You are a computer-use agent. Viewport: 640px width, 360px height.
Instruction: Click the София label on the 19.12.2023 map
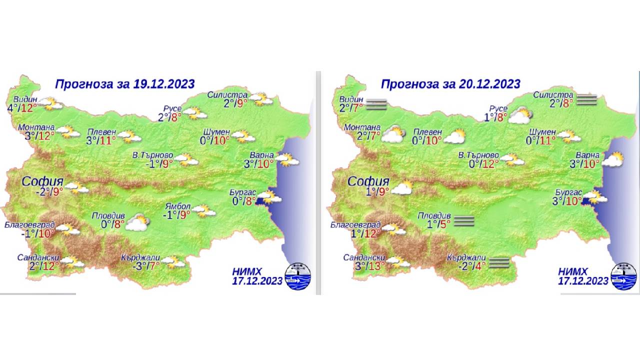42,181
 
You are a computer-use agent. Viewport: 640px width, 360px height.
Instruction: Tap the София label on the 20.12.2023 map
368,181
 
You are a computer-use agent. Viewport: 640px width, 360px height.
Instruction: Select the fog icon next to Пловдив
463,221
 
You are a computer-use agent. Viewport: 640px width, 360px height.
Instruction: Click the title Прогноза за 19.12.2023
124,83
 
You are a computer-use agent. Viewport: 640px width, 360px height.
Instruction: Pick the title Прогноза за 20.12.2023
450,83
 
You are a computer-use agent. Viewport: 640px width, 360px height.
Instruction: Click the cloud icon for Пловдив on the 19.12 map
137,222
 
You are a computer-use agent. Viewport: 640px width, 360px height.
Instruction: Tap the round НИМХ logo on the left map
297,276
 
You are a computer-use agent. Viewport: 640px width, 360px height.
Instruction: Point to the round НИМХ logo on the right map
623,276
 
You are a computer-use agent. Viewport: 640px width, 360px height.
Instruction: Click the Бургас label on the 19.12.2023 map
242,192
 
